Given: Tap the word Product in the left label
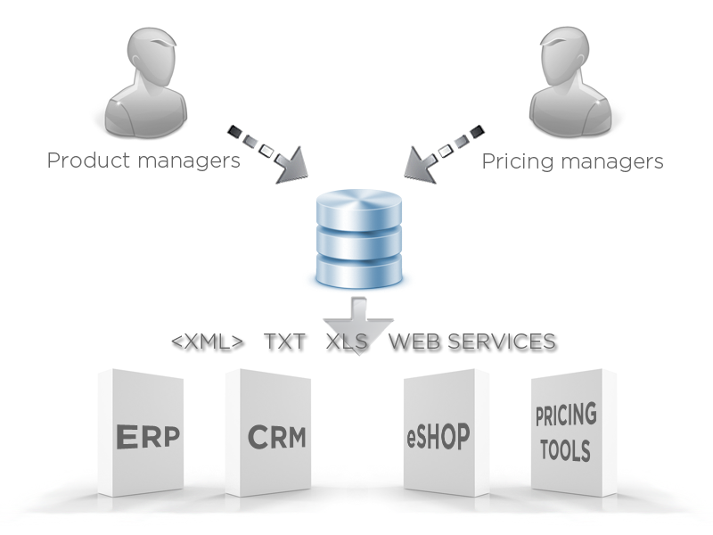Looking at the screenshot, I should [85, 161].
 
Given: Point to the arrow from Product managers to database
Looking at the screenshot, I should [268, 153].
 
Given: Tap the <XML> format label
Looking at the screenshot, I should [207, 342].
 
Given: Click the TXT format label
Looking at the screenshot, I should [285, 342].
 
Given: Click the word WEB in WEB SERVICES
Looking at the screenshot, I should [415, 342].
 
